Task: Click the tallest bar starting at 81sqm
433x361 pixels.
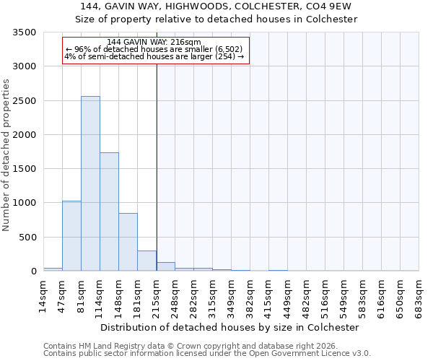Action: tap(90, 183)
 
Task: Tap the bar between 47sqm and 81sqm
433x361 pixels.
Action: tap(71, 235)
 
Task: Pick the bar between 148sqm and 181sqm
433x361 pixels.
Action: tap(128, 242)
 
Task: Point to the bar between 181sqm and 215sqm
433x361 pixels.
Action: tap(146, 261)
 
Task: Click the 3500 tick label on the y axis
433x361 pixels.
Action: tap(25, 32)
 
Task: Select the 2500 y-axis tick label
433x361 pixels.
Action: tap(25, 101)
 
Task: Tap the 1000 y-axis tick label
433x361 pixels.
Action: tap(25, 203)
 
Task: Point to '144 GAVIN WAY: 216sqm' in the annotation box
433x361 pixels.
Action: tap(154, 43)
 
